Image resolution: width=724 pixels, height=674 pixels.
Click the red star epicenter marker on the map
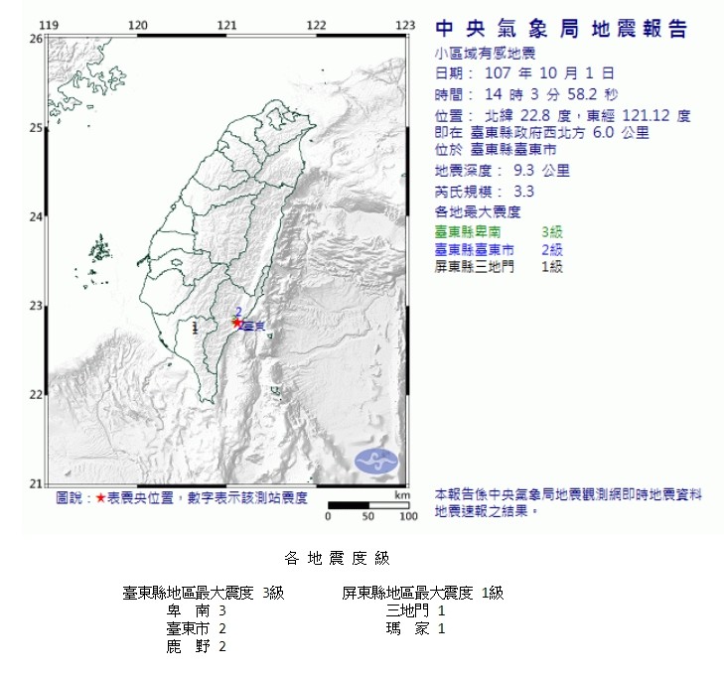pos(236,322)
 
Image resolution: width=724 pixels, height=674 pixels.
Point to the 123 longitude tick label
pos(405,25)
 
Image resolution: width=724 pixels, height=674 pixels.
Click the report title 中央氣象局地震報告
pos(561,30)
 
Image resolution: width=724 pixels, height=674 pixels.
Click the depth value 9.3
pos(528,170)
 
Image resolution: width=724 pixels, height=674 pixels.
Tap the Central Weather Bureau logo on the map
pos(377,462)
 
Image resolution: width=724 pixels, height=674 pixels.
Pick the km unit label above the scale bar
pos(401,493)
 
